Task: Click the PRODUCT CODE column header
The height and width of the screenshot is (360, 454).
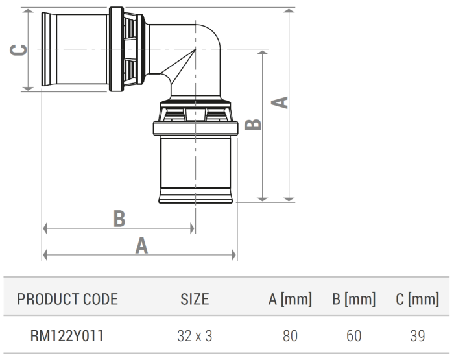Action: pyautogui.click(x=67, y=299)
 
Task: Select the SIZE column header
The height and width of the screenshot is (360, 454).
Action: pyautogui.click(x=195, y=299)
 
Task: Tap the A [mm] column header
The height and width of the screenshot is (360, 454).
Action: pyautogui.click(x=290, y=299)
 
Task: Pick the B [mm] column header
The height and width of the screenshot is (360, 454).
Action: pyautogui.click(x=353, y=299)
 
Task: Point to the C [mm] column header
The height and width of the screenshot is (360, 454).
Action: pyautogui.click(x=417, y=299)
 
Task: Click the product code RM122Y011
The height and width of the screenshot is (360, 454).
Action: pyautogui.click(x=67, y=336)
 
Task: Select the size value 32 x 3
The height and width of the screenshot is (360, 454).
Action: pyautogui.click(x=195, y=336)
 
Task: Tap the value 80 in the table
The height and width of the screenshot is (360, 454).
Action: pyautogui.click(x=291, y=336)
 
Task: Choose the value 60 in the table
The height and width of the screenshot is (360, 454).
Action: pyautogui.click(x=353, y=336)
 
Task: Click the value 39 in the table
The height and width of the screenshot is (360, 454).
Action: pyautogui.click(x=417, y=336)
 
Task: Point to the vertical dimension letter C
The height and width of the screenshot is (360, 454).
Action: pyautogui.click(x=20, y=50)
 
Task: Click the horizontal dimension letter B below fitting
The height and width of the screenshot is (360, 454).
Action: pyautogui.click(x=119, y=218)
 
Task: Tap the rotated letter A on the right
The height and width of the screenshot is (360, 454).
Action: pyautogui.click(x=281, y=102)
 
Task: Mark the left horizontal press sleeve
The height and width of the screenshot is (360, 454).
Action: pyautogui.click(x=75, y=50)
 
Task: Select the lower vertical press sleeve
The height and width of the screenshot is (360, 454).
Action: pyautogui.click(x=195, y=169)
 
